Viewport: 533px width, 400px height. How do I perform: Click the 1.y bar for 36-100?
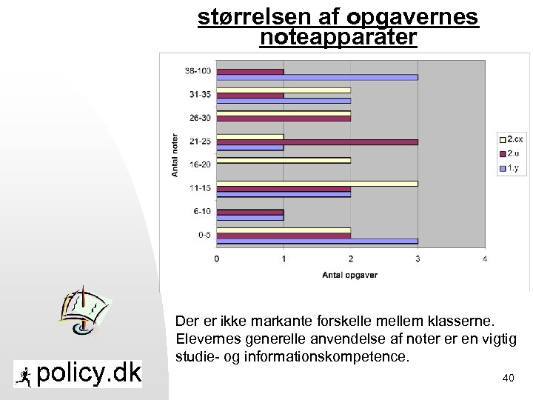pos(317,77)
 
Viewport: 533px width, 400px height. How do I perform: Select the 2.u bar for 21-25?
pos(317,141)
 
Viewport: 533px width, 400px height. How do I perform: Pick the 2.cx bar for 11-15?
pos(317,183)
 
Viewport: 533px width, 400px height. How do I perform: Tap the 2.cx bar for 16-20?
pos(284,160)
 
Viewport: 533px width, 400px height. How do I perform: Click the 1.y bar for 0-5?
pos(317,241)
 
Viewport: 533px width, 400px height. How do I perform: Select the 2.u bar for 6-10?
pos(250,212)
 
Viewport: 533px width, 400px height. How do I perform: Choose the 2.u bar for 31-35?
pos(250,96)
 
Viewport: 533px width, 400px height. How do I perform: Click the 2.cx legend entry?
pos(510,139)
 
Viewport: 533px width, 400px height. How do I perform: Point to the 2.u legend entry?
pos(510,153)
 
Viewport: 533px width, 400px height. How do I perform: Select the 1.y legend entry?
pos(510,169)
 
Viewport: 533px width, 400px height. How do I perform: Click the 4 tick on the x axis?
pos(484,259)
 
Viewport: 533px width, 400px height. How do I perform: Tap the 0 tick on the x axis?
pos(216,259)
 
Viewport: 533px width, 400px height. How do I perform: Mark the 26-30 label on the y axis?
pos(200,118)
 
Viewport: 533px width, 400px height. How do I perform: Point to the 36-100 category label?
pos(197,71)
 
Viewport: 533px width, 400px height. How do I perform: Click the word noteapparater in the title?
pos(338,37)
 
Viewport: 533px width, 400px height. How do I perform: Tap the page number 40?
pos(508,379)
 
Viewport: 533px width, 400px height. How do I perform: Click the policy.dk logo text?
pos(88,373)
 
